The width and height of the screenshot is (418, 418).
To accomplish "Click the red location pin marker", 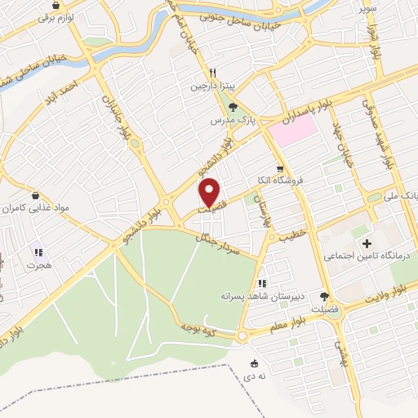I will click(x=211, y=192).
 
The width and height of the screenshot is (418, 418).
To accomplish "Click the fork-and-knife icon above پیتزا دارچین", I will click(x=211, y=71).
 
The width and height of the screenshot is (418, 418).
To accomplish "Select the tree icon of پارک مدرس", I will click(x=233, y=106).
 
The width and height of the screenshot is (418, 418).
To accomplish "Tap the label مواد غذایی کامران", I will click(x=32, y=209).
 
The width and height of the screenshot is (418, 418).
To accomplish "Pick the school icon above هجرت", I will click(x=38, y=252).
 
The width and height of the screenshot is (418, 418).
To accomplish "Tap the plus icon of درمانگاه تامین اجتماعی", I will click(x=367, y=243).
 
